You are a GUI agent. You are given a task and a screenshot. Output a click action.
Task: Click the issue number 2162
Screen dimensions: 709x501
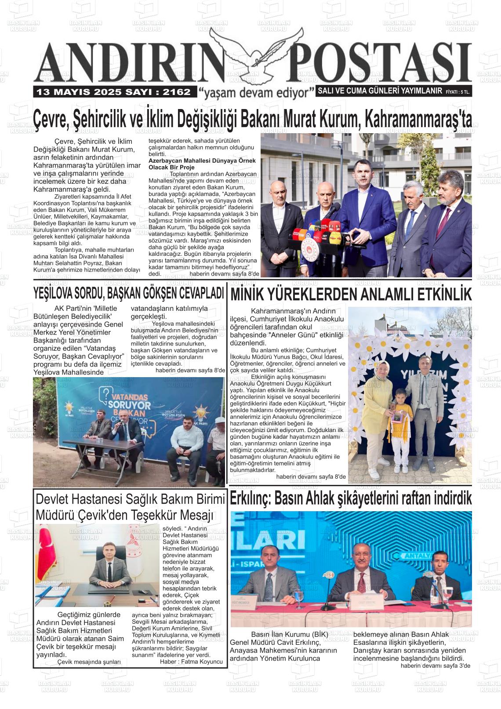click(x=176, y=92)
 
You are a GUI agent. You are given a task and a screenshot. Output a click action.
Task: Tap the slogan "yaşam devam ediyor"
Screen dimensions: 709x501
click(x=257, y=92)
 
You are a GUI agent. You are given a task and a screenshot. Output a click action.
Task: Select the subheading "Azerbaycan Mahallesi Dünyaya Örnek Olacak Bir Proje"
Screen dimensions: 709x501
click(x=202, y=164)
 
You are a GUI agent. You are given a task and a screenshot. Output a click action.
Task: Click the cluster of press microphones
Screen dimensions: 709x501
click(x=316, y=233)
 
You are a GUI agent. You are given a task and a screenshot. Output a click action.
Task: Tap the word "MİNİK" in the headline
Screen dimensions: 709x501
click(x=249, y=294)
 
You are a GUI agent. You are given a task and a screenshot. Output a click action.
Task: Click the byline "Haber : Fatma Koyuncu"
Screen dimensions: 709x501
click(x=191, y=661)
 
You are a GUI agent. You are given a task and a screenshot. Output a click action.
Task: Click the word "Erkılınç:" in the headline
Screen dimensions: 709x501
click(x=251, y=499)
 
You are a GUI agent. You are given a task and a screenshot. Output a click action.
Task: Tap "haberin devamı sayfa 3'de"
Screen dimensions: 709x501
click(x=435, y=665)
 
